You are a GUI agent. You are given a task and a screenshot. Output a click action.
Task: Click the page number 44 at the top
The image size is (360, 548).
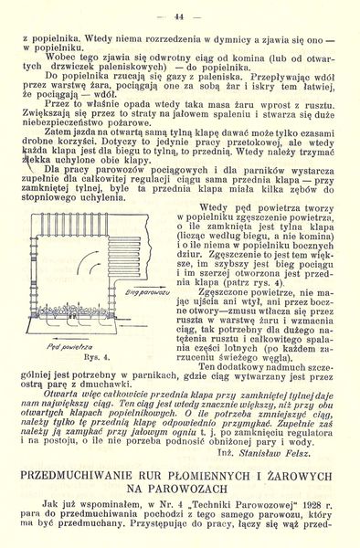(179, 16)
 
